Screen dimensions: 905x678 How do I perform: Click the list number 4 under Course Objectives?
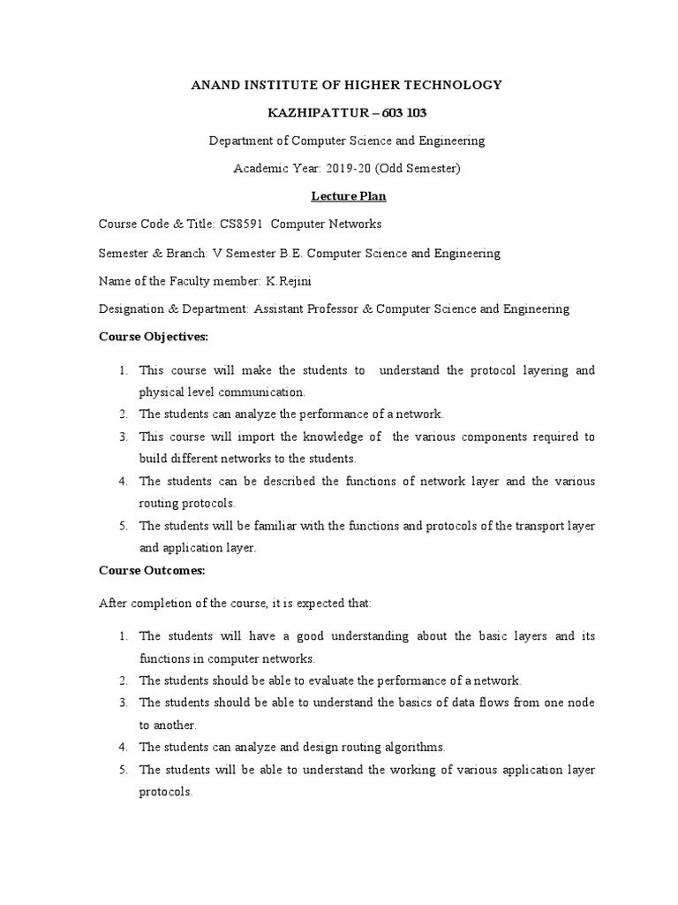pos(123,482)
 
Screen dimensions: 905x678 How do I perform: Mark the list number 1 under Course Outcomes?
pos(123,636)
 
